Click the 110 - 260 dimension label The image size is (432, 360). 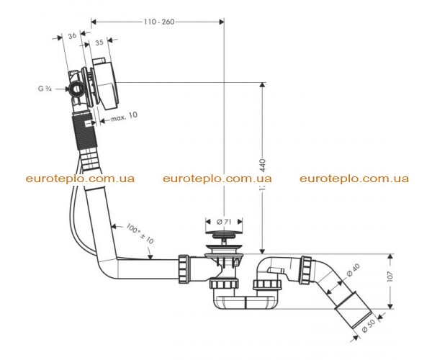click(x=159, y=22)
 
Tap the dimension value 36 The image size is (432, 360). click(x=72, y=35)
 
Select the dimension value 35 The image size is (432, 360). click(x=99, y=42)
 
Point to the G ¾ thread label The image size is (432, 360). click(x=45, y=89)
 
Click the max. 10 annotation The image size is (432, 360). click(x=124, y=117)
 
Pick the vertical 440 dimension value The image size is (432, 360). click(x=263, y=166)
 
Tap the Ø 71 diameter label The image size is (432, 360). click(x=224, y=222)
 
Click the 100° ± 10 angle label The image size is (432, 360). click(x=140, y=233)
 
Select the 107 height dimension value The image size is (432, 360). click(x=390, y=276)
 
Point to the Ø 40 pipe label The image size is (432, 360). click(x=354, y=270)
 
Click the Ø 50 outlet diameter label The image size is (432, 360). click(x=368, y=326)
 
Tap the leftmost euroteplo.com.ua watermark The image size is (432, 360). click(x=80, y=179)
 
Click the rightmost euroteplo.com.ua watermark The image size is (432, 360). click(x=354, y=179)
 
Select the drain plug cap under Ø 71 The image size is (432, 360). click(x=224, y=234)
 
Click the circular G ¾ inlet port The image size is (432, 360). click(x=76, y=89)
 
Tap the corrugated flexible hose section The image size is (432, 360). click(x=84, y=132)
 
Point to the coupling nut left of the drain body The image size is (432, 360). click(x=184, y=269)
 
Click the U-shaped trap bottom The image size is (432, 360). click(x=246, y=302)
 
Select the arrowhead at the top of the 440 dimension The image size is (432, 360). click(x=263, y=85)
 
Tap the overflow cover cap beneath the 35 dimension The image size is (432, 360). click(x=106, y=83)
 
